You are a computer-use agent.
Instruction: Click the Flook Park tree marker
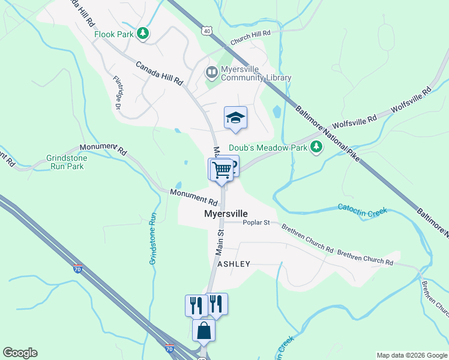pyautogui.click(x=142, y=34)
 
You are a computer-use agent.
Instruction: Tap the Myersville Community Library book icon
pyautogui.click(x=211, y=73)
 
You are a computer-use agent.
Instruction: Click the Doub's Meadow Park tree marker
pyautogui.click(x=317, y=148)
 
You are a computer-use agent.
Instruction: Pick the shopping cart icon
pyautogui.click(x=221, y=170)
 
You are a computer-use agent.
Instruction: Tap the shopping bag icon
pyautogui.click(x=204, y=331)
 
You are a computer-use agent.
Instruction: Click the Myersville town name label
pyautogui.click(x=226, y=214)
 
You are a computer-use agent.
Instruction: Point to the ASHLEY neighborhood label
pyautogui.click(x=234, y=264)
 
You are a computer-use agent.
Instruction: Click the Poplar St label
pyautogui.click(x=257, y=223)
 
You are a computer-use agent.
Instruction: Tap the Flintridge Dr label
pyautogui.click(x=118, y=92)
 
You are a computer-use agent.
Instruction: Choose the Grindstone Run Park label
pyautogui.click(x=66, y=162)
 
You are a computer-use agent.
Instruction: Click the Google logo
pyautogui.click(x=20, y=353)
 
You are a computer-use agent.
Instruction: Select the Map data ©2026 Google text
pyautogui.click(x=411, y=355)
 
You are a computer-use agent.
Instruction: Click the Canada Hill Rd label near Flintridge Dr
pyautogui.click(x=158, y=74)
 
